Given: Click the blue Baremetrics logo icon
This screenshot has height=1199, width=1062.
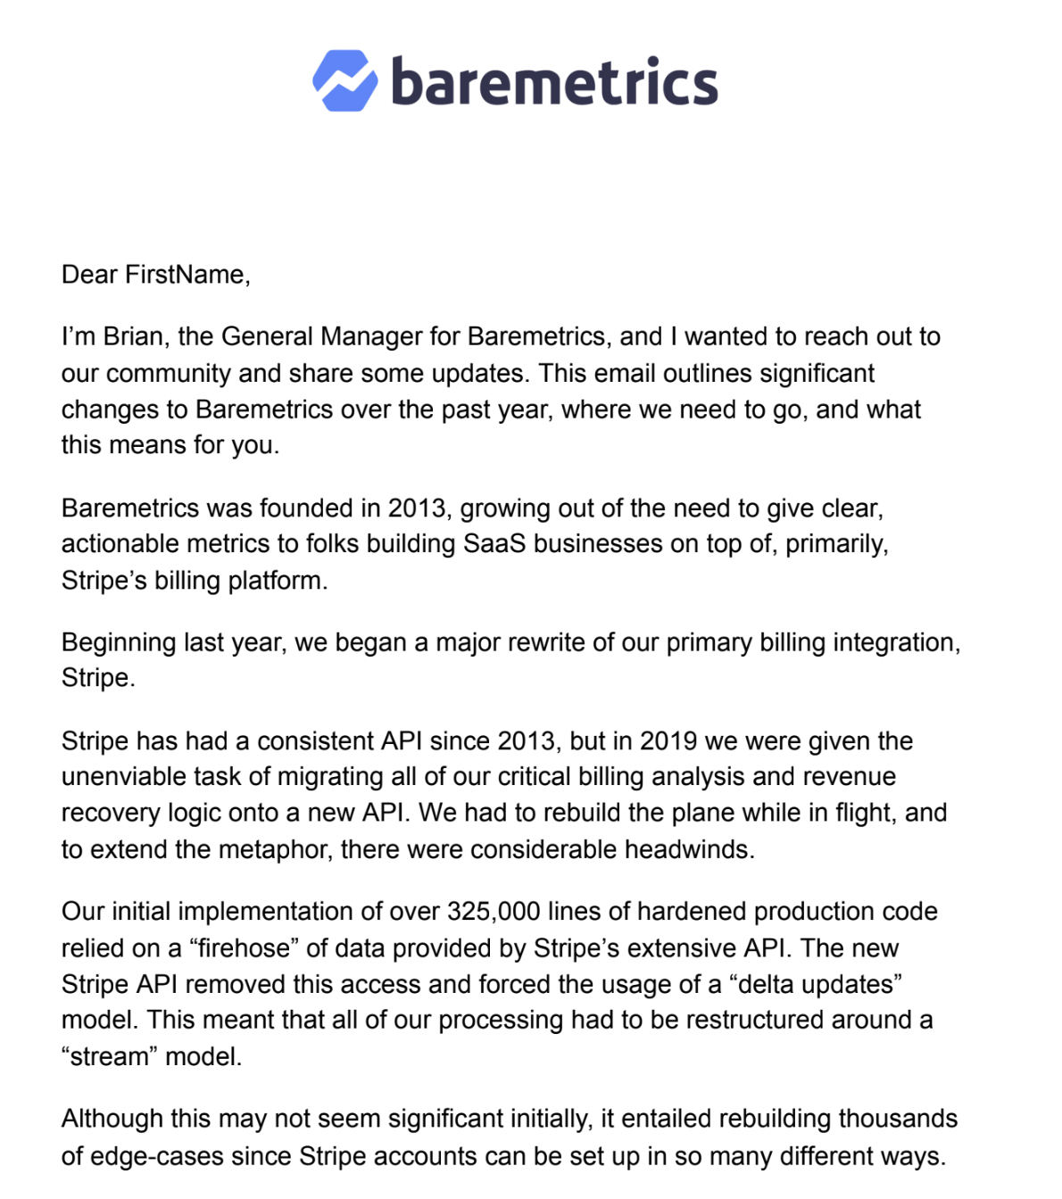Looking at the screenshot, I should pos(344,81).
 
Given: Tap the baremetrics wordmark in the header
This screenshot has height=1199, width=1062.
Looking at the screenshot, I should pos(554,81).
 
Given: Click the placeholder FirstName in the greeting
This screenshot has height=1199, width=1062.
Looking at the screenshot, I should pos(186,275).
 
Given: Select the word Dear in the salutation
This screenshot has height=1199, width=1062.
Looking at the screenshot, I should pos(89,275).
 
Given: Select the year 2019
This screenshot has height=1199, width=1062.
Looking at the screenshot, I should pos(668,741).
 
